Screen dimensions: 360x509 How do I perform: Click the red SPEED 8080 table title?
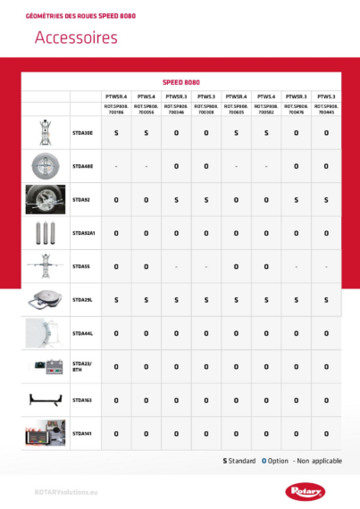click(191, 79)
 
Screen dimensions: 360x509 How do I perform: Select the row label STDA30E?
click(82, 132)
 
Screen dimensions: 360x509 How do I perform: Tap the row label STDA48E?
click(82, 166)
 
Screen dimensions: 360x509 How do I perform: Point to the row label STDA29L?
click(82, 299)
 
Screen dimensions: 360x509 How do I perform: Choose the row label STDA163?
click(82, 400)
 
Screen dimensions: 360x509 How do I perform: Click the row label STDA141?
click(82, 433)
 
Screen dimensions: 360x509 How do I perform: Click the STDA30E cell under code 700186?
click(117, 132)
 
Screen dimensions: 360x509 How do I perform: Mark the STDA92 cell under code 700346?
click(176, 199)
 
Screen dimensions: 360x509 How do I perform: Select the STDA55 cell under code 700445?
click(326, 266)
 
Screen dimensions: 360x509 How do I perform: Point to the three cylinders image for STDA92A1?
click(46, 233)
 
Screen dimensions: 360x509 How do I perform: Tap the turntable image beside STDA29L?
click(46, 300)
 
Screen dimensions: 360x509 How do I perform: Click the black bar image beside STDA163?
click(46, 400)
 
